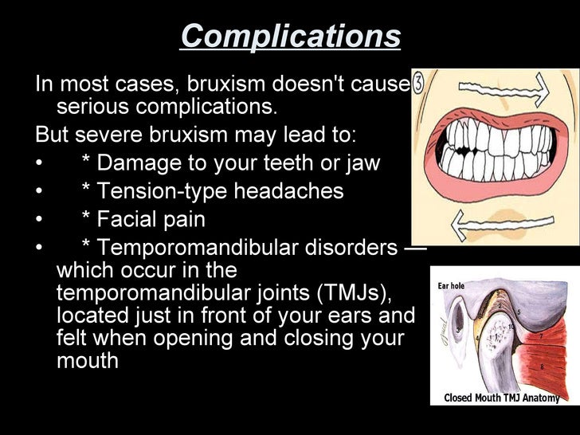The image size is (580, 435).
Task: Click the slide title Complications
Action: click(x=290, y=36)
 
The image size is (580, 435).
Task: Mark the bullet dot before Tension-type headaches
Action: click(x=39, y=192)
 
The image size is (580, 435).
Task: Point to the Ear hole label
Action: click(x=451, y=286)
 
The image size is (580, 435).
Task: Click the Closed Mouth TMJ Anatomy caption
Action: click(x=501, y=398)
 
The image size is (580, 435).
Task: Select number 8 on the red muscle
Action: click(x=543, y=367)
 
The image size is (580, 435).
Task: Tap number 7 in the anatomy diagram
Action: click(x=541, y=335)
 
